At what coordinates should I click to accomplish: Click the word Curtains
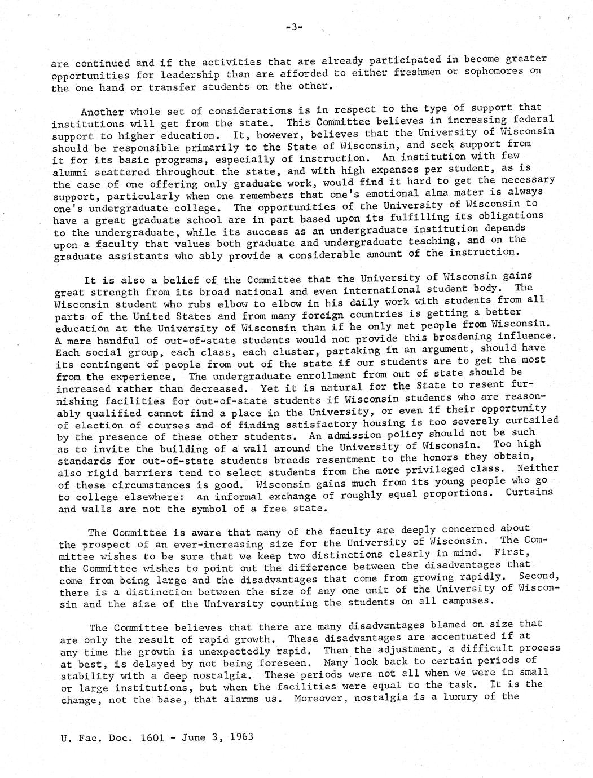coord(529,492)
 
